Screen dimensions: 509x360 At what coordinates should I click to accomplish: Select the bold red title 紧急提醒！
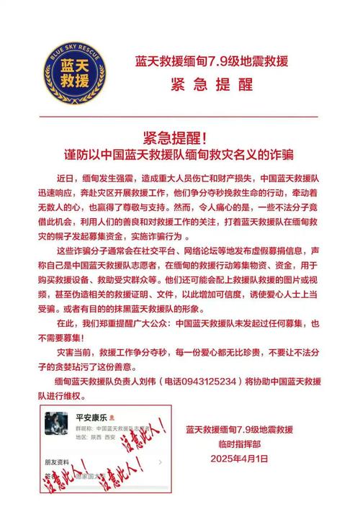coord(180,137)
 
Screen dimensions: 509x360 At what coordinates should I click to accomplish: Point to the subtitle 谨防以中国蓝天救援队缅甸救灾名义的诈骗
coord(180,153)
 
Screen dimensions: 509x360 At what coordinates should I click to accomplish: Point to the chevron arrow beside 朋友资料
coord(160,463)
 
